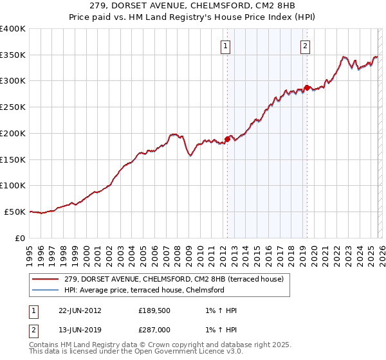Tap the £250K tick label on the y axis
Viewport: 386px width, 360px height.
[13, 107]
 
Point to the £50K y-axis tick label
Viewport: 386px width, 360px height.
[15, 212]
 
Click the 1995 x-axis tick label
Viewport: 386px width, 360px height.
[30, 251]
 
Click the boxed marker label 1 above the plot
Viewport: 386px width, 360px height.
[226, 46]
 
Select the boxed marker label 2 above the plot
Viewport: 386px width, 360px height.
[304, 46]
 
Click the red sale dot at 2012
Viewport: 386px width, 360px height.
[227, 138]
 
